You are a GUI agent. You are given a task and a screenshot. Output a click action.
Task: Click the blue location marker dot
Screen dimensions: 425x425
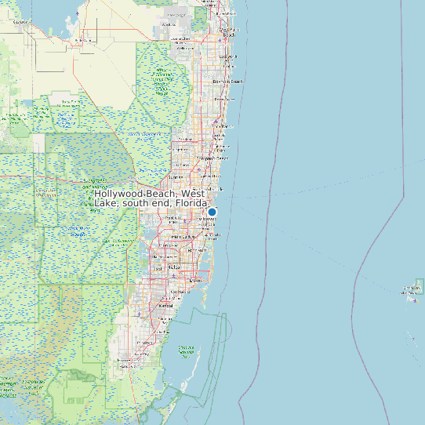click(x=212, y=212)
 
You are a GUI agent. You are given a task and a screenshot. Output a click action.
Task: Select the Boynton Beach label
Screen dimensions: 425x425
click(x=227, y=82)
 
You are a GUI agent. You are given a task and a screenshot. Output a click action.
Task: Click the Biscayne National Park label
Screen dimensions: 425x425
click(x=187, y=351)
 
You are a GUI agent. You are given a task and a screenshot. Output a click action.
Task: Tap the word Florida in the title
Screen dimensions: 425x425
click(x=192, y=203)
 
